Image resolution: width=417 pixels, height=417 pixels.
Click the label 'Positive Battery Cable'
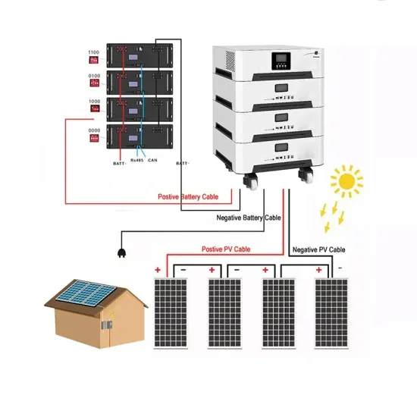[188, 196]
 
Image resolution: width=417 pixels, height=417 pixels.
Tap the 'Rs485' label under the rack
[136, 161]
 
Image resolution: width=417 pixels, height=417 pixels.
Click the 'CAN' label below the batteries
[153, 161]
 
